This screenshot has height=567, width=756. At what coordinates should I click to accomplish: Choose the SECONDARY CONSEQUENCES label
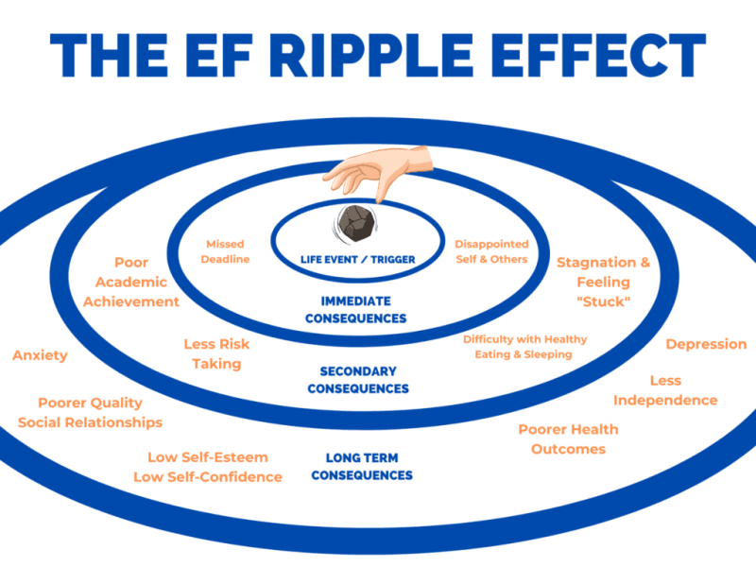click(x=358, y=380)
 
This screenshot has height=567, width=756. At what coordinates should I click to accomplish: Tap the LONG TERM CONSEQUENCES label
click(x=362, y=467)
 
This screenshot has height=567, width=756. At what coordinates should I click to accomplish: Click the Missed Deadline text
click(x=227, y=251)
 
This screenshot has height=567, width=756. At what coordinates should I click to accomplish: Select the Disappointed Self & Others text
click(x=491, y=251)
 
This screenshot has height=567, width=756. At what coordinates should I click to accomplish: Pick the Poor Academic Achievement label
click(x=131, y=282)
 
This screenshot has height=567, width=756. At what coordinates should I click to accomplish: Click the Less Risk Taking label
click(x=216, y=353)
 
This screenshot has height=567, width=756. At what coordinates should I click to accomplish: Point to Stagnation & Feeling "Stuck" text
click(x=603, y=282)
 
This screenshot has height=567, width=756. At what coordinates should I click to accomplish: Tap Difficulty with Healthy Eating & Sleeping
click(x=524, y=347)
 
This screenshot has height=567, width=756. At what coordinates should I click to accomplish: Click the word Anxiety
click(x=40, y=355)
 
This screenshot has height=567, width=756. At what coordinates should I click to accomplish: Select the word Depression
click(x=706, y=344)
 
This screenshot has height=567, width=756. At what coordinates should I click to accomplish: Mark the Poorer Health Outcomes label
click(x=568, y=438)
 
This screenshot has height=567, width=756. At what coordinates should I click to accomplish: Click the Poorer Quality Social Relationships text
click(x=90, y=412)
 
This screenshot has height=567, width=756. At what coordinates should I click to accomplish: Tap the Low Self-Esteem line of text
click(x=207, y=457)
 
